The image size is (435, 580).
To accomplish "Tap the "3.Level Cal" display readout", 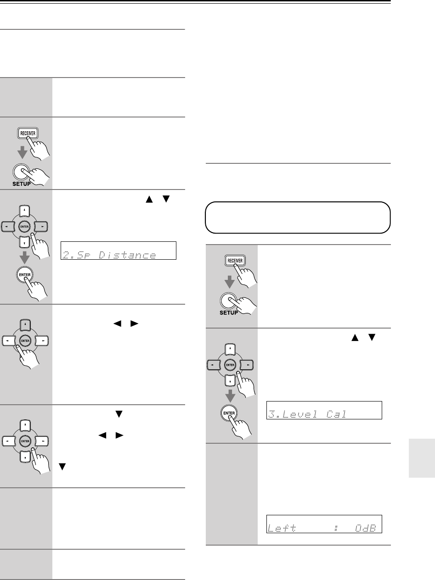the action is point(324,409).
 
